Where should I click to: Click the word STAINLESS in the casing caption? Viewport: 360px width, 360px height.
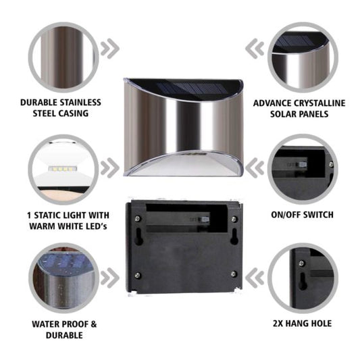(78, 103)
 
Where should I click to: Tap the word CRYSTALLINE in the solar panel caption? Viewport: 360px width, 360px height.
(319, 103)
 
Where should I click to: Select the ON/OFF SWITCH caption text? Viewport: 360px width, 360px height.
(302, 215)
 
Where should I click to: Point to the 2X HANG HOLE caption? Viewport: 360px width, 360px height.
(302, 324)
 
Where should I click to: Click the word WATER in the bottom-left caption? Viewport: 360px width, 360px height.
(46, 324)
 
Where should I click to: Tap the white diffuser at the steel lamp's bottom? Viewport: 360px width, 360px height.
(184, 165)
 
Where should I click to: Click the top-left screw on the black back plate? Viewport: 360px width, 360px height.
(137, 218)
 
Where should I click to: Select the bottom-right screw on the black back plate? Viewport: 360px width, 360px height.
(234, 274)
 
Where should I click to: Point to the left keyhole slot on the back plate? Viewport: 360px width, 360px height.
(138, 236)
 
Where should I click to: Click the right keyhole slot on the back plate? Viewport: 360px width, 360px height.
(234, 236)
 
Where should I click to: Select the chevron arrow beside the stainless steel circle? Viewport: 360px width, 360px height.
(110, 49)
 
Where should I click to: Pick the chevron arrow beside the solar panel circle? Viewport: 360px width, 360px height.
(255, 49)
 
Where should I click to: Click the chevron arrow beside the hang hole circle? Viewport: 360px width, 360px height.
(255, 278)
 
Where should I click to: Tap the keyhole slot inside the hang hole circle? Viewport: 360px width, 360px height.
(303, 281)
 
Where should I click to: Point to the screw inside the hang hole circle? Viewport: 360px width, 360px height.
(302, 263)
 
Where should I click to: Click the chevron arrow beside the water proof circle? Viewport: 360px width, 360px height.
(110, 278)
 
